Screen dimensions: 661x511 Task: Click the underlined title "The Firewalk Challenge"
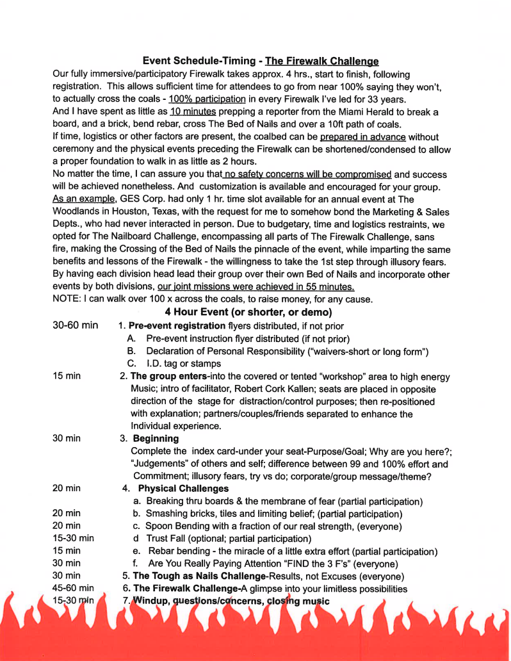(321, 61)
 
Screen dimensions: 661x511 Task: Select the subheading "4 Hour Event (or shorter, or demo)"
(248, 312)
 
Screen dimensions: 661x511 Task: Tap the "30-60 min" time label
(75, 325)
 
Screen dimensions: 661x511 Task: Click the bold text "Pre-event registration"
(168, 325)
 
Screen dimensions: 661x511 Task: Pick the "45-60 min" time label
(73, 589)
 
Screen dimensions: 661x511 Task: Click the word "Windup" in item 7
(152, 601)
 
